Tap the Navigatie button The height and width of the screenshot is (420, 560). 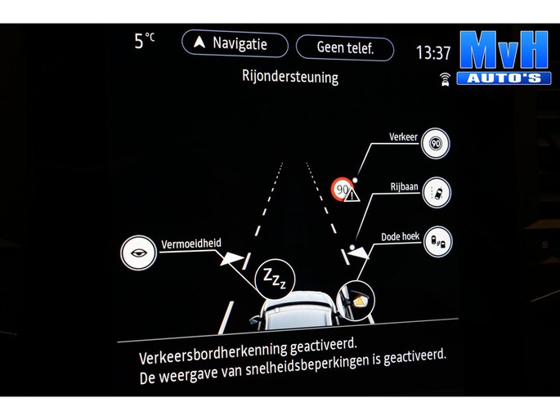(235, 43)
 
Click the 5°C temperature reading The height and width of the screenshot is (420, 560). (144, 41)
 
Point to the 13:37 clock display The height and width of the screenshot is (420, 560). (433, 53)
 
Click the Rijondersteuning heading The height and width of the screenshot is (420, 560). (290, 76)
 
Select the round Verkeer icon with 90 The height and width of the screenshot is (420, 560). (436, 144)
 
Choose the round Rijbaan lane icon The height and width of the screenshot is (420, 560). (437, 193)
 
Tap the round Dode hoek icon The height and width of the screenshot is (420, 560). (438, 242)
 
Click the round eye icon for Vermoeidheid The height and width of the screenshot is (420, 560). (139, 252)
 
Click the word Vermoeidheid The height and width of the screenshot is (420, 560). (191, 244)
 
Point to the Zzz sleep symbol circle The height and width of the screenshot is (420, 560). (275, 279)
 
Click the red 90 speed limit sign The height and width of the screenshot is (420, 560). (343, 189)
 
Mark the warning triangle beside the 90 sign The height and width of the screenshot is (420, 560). (352, 194)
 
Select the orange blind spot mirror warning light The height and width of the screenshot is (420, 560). (360, 302)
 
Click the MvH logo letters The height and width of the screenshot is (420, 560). (504, 50)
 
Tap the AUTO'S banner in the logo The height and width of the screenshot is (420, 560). (504, 78)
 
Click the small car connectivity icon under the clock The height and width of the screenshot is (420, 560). (445, 79)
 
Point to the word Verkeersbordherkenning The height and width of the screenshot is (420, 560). (213, 352)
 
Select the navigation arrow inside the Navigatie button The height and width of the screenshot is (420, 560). (199, 42)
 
